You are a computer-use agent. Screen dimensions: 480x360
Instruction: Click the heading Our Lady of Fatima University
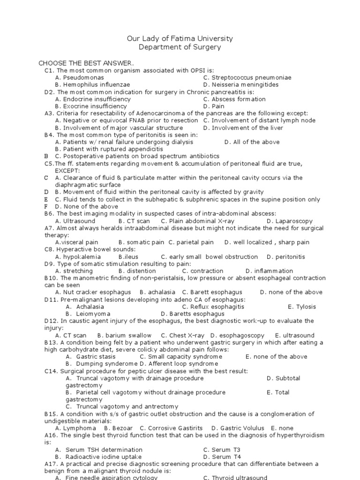coord(180,38)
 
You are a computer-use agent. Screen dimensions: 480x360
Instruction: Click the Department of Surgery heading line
coord(180,47)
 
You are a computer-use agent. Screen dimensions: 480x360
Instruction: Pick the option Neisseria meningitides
coord(241,85)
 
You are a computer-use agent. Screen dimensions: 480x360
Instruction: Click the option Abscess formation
coord(234,99)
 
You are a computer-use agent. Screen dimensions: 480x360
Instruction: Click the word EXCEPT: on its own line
coord(67,171)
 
